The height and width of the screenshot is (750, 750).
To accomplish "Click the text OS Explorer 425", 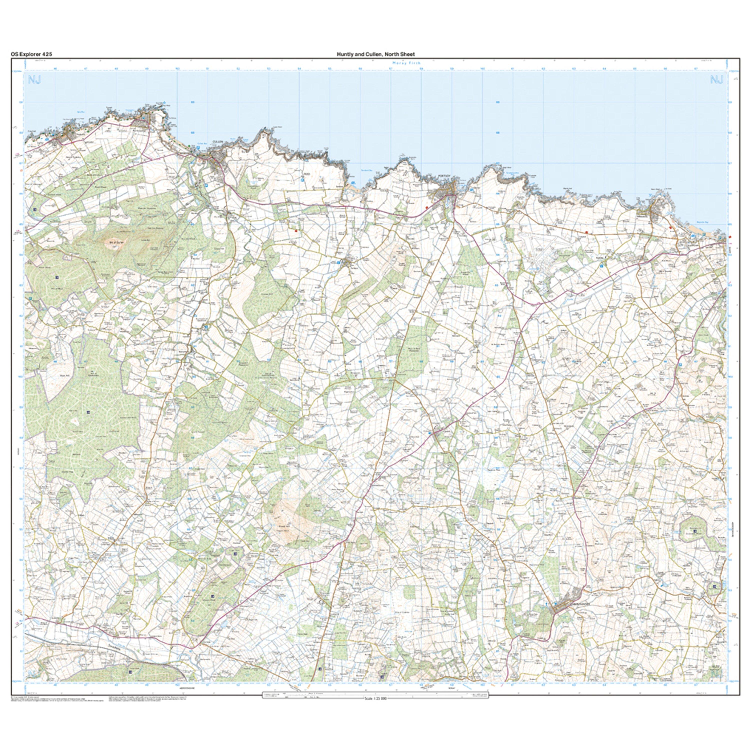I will [31, 54].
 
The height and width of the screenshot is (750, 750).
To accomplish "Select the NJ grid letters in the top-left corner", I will [34, 80].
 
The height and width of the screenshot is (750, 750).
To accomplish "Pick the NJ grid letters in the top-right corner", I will [716, 80].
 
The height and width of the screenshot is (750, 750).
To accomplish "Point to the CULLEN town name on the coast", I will [217, 142].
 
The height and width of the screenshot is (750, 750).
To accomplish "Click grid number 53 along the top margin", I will [269, 69].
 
